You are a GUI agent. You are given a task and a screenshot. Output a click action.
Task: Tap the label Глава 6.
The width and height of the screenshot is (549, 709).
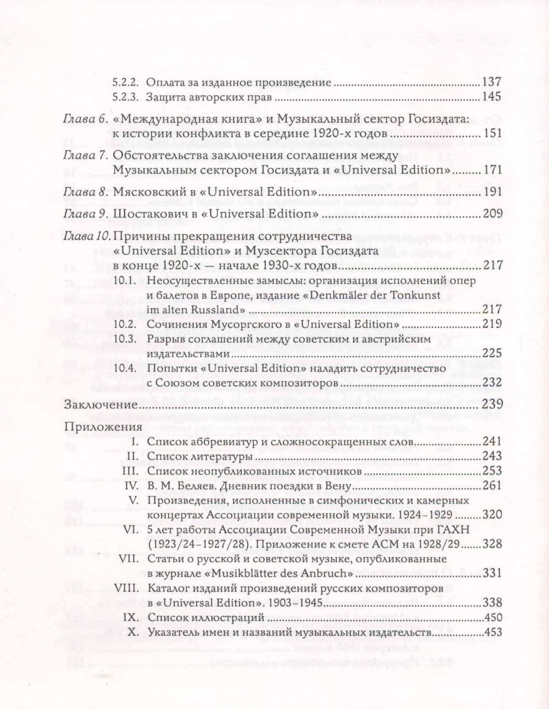click(86, 119)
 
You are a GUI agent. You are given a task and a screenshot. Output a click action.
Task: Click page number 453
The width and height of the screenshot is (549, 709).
click(493, 632)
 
